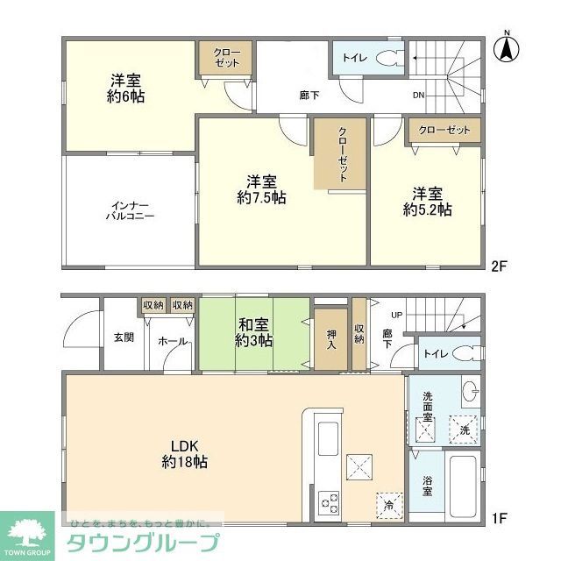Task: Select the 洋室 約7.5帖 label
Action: (261, 189)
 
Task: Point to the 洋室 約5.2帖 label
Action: (428, 202)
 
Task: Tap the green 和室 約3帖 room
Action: (254, 334)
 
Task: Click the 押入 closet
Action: (330, 334)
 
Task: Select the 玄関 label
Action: (123, 337)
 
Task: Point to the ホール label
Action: (173, 342)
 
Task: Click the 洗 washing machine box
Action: (465, 430)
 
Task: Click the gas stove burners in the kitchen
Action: (329, 502)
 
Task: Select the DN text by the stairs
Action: (419, 96)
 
